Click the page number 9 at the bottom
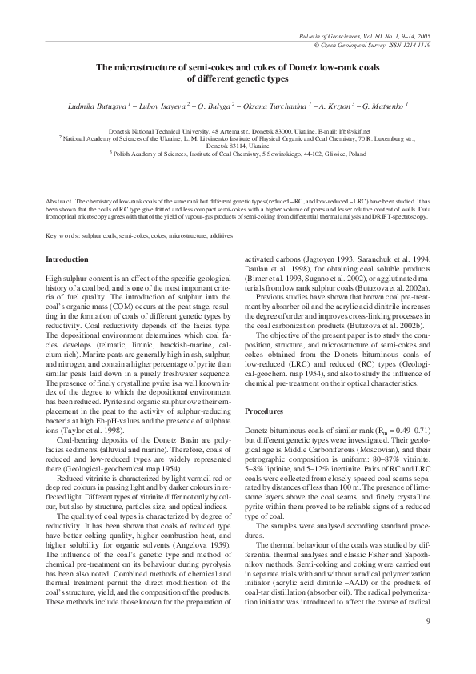coord(428,620)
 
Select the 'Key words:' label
coord(63,235)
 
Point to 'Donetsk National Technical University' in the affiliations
coord(161,129)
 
